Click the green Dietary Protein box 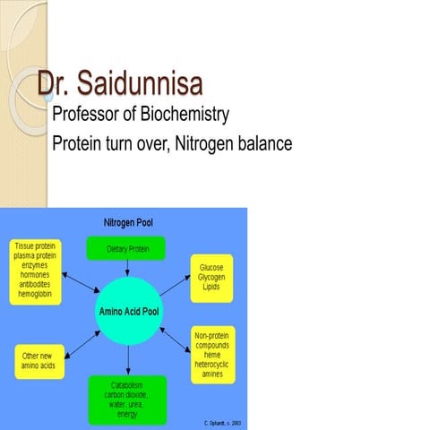click(125, 248)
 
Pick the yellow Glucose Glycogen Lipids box click(211, 278)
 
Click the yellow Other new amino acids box click(39, 361)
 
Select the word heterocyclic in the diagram click(214, 365)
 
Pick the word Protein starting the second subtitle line click(75, 143)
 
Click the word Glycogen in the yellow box click(211, 278)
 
